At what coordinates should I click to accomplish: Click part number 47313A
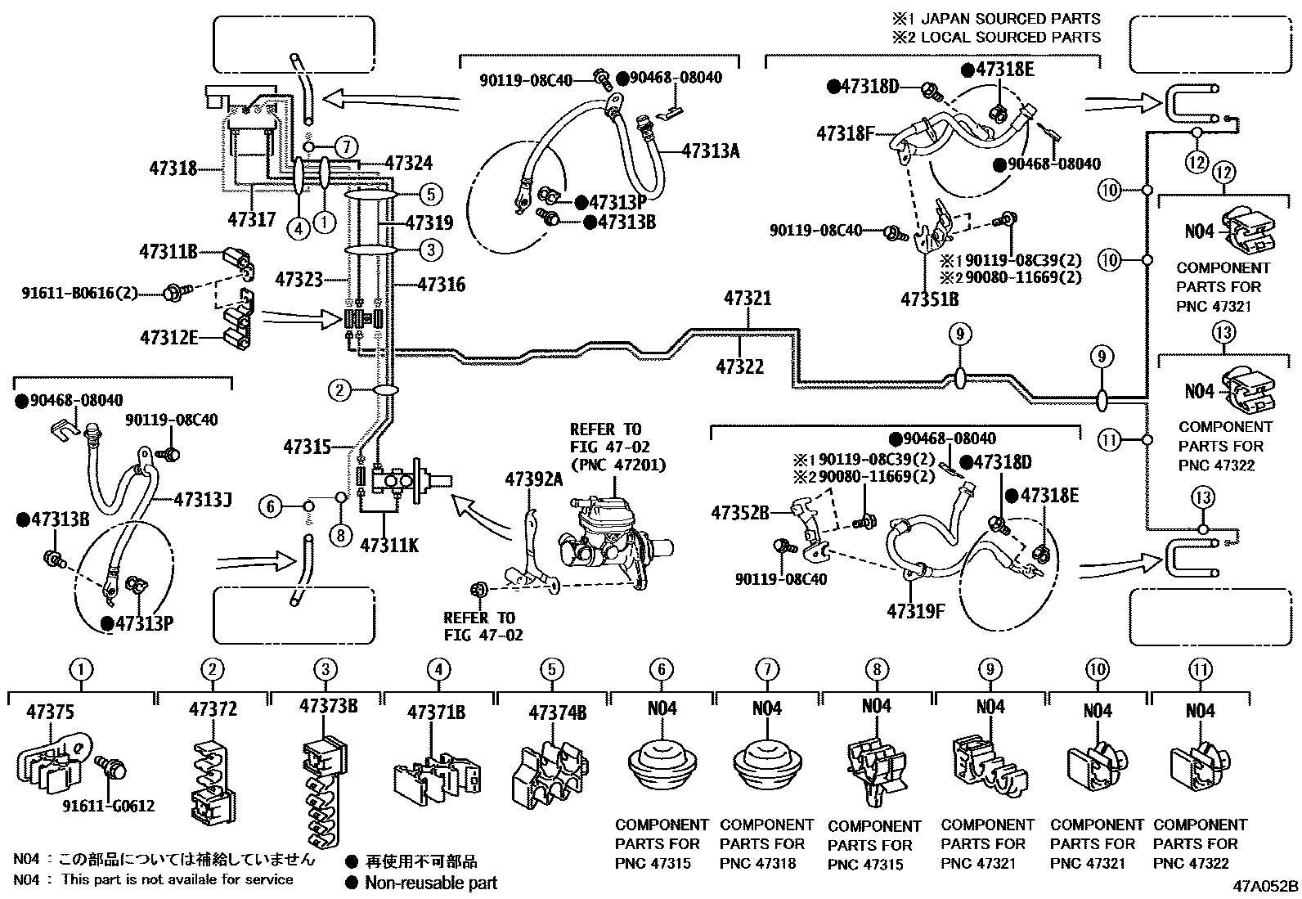(710, 150)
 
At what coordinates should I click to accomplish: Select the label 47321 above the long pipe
(747, 299)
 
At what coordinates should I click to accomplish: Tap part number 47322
(739, 367)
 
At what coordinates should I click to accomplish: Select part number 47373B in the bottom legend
(328, 706)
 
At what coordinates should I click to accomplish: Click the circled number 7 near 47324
(347, 147)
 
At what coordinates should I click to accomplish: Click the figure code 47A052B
(1266, 885)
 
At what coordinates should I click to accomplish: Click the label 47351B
(929, 299)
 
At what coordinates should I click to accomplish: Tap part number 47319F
(915, 611)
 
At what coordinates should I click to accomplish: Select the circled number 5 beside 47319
(430, 195)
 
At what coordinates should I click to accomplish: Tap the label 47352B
(740, 513)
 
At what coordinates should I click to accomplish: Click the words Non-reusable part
(430, 883)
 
